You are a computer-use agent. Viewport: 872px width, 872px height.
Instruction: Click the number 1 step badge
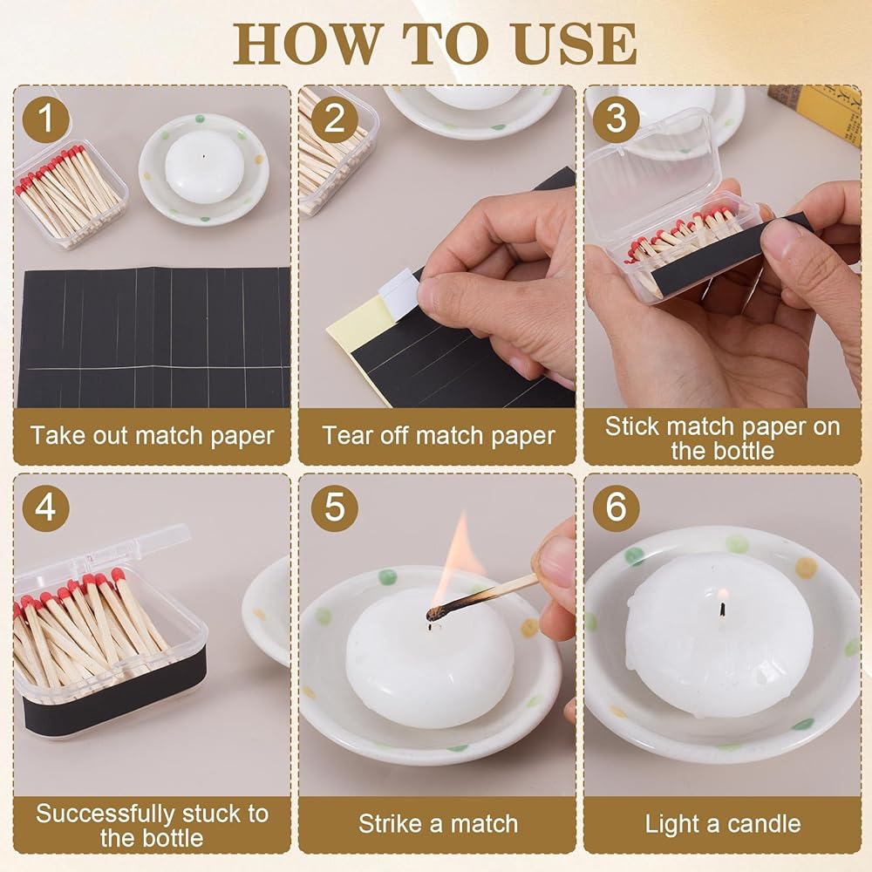[46, 118]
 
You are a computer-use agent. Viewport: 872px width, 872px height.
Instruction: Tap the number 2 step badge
[334, 118]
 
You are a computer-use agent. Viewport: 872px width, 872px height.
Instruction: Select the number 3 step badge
[616, 118]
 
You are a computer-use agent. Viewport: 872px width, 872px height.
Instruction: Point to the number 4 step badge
[46, 508]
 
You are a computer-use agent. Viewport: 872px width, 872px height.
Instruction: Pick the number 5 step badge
[334, 508]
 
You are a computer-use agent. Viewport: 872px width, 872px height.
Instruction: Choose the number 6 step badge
[616, 508]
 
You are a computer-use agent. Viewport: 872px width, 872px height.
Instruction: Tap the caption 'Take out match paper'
[153, 436]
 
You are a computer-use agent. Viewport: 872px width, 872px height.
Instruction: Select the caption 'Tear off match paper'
[439, 436]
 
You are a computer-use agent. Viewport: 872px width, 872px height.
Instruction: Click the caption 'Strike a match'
[439, 824]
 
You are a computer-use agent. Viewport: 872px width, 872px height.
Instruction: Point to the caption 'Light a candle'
[722, 824]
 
